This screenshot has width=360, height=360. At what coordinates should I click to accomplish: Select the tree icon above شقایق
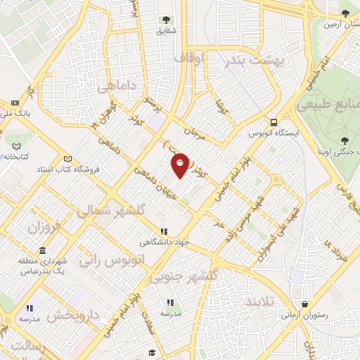[x=166, y=20]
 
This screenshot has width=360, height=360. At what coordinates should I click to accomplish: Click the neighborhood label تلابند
[x=263, y=301]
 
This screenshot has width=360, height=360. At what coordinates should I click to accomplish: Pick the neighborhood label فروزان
[x=45, y=227]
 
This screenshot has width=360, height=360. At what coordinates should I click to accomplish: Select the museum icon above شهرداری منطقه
[x=43, y=251]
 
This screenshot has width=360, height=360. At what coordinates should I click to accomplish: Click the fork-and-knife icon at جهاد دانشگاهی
[x=165, y=231]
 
